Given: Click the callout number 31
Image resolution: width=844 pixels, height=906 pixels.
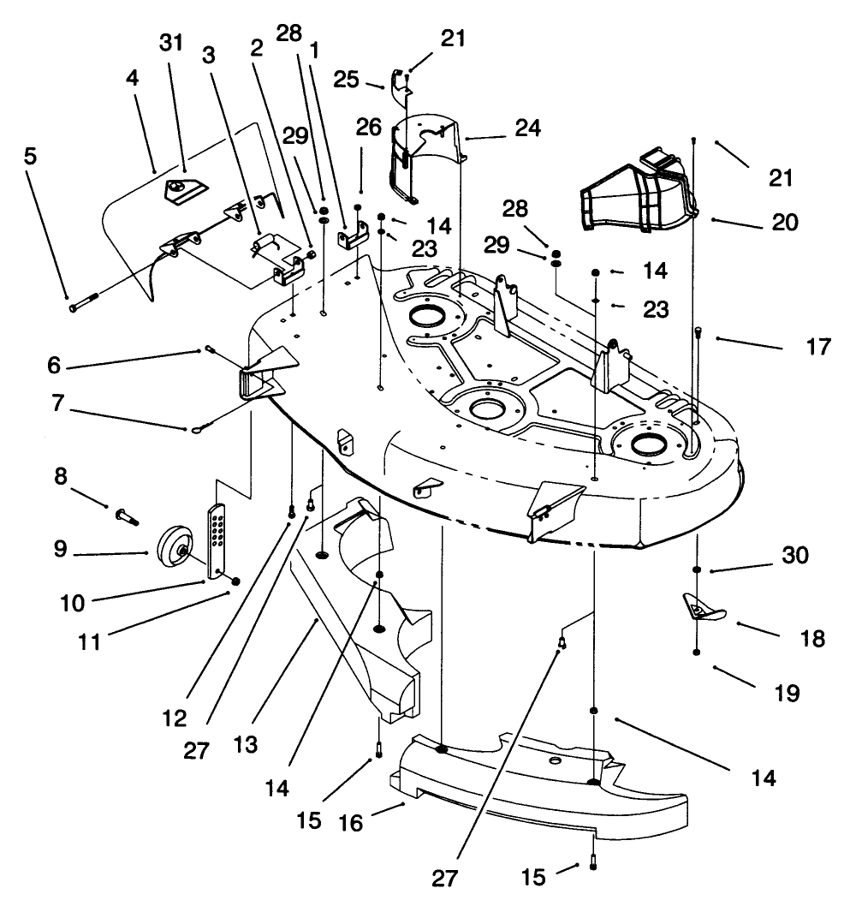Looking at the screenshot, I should tap(172, 44).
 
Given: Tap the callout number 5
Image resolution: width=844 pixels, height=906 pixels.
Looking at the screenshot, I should tap(30, 158).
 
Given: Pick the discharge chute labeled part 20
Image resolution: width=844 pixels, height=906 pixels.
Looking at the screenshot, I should tap(638, 196).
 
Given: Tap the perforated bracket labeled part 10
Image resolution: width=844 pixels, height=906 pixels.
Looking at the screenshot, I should tap(218, 539).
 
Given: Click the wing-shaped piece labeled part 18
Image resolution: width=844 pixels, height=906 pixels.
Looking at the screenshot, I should tap(702, 609).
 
